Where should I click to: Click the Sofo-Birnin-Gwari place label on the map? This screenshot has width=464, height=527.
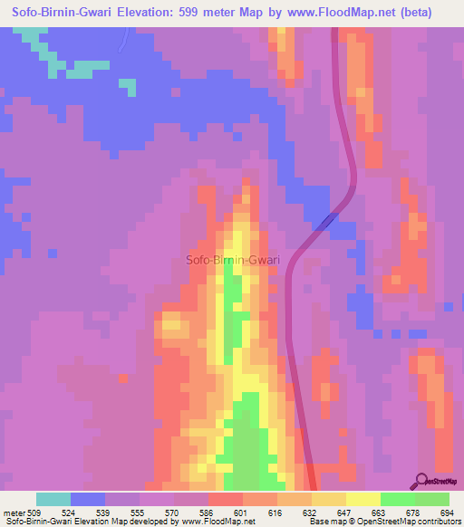click(233, 260)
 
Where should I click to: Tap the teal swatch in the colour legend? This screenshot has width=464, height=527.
click(53, 499)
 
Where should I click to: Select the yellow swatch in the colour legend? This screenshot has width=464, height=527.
click(362, 499)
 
